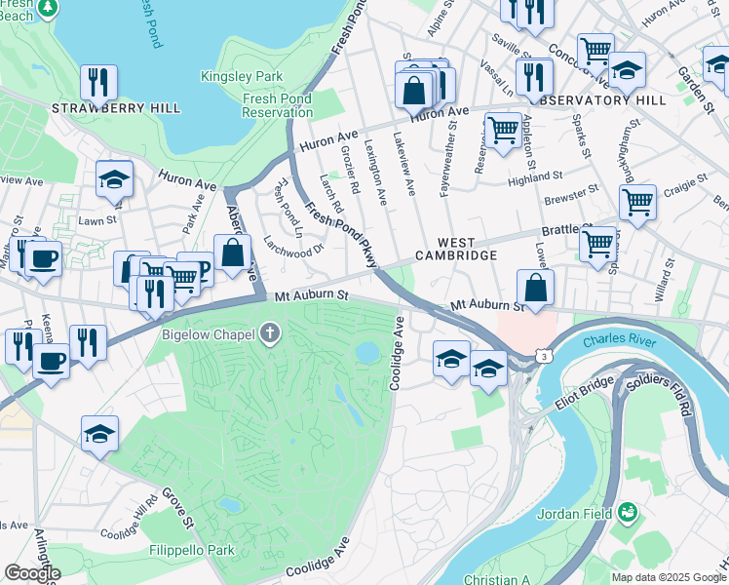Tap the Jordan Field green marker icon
pos(629,511)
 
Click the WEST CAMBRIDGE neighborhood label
pos(456,249)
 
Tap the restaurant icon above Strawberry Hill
pos(98,83)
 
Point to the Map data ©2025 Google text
pos(669,577)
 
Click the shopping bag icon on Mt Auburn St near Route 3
pos(535,288)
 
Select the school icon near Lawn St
pos(114,179)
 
